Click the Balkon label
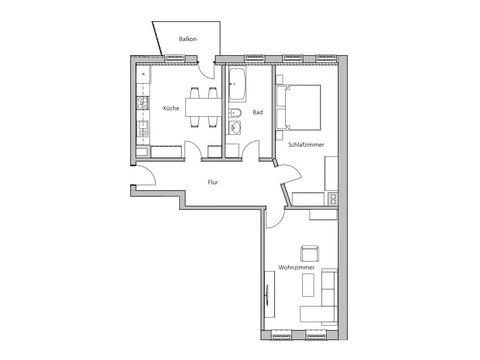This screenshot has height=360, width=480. point(188,39)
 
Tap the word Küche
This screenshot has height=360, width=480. point(171,108)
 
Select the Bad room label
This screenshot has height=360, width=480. point(258,112)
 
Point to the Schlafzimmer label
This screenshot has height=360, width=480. point(306,145)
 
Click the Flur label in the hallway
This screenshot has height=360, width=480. point(213,182)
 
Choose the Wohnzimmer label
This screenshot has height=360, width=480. point(296,268)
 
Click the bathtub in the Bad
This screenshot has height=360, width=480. point(237,85)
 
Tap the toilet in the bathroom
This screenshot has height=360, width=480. point(235,113)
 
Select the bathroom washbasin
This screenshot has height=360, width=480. point(235,127)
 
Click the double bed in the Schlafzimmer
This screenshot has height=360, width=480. point(299,107)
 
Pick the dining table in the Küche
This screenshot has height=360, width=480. point(203,107)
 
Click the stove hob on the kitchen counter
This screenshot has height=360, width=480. point(143,103)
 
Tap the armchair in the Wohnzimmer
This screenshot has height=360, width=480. point(310,254)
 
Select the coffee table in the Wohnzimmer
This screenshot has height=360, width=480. point(308,285)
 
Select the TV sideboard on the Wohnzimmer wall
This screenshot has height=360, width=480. point(270,294)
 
